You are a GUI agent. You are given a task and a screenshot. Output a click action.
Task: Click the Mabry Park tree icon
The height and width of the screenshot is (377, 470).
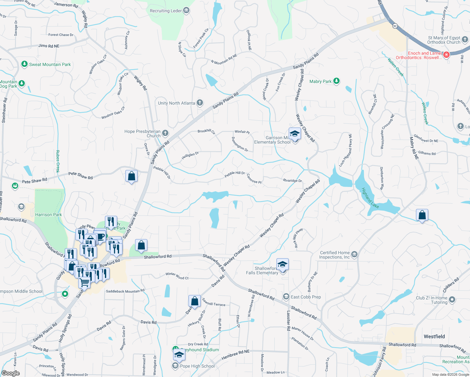click(336, 81)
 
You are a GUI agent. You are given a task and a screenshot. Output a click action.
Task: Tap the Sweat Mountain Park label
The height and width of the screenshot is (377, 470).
click(50, 64)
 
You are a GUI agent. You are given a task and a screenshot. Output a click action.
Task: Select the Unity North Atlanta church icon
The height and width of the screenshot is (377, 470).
click(200, 103)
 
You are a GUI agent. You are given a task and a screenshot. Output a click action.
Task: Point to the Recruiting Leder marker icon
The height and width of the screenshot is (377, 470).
click(186, 11)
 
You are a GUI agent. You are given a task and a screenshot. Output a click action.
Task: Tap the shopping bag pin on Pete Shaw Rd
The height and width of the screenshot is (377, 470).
click(132, 176)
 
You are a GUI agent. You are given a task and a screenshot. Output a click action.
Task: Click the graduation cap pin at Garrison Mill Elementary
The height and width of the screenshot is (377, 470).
click(295, 134)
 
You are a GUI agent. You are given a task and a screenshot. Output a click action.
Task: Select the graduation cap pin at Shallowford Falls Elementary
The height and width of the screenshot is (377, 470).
click(282, 264)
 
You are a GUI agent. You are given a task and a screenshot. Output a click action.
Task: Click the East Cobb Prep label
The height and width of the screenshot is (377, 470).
click(306, 297)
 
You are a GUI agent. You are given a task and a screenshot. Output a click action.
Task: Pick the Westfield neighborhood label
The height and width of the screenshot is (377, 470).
click(434, 336)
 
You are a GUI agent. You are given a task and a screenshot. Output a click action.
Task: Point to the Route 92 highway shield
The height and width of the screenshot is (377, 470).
click(395, 26)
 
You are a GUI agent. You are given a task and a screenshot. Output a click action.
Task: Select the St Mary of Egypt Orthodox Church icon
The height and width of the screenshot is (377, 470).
click(465, 40)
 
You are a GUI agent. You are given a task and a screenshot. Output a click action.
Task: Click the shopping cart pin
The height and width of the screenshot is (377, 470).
click(84, 282)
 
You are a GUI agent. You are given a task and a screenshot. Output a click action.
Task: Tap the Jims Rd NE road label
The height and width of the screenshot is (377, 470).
click(49, 46)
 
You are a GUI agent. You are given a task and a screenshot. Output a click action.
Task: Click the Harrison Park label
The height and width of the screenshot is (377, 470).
click(48, 215)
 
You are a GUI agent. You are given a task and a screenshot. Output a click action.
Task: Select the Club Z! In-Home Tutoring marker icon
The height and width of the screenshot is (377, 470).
click(452, 300)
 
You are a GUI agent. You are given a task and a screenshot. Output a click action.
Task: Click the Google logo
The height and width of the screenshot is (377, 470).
click(10, 373)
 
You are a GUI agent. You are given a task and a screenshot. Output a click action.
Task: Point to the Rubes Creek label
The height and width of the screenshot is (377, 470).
click(58, 161)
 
